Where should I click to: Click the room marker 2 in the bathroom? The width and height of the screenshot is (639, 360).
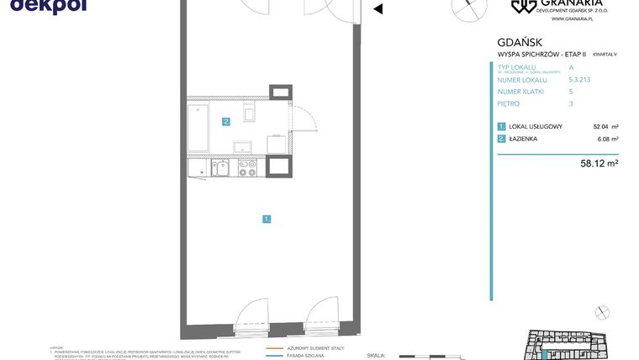(x=226, y=122)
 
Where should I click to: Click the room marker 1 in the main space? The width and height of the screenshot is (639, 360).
(x=267, y=219)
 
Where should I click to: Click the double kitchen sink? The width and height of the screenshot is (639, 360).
(x=220, y=167)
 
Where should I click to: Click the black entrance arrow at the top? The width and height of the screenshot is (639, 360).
(x=378, y=9)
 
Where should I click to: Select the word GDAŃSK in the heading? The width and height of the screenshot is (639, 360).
(x=520, y=42)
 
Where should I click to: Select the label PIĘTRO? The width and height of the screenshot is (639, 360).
(x=509, y=103)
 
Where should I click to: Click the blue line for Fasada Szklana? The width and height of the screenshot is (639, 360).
(x=275, y=356)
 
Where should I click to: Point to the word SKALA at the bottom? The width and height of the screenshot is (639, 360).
(x=377, y=356)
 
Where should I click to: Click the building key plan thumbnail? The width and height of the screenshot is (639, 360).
(x=568, y=343)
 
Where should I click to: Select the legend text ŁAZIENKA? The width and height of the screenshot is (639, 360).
(x=523, y=139)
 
